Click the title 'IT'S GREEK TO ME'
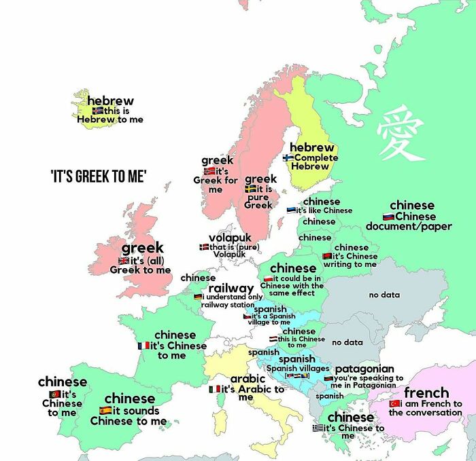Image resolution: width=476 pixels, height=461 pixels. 99,177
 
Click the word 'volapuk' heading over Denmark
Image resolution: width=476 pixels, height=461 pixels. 230,237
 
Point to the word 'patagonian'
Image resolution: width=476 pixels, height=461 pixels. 364,369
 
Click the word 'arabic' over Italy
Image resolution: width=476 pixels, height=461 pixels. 248,378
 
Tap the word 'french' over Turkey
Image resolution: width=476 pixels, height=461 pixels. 426,392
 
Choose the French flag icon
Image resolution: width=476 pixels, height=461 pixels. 143,346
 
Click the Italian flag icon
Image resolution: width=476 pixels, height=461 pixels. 214,389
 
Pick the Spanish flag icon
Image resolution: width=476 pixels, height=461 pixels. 105,411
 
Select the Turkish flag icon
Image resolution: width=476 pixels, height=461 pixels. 394,403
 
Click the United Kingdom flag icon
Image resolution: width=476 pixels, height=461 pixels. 123,260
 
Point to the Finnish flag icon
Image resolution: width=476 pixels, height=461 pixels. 288,158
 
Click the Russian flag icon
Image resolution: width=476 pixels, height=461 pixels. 388,216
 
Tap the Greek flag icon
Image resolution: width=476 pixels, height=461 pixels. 318,428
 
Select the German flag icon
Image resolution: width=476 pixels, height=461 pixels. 198,297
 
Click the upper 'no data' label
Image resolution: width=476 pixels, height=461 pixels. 384,295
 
